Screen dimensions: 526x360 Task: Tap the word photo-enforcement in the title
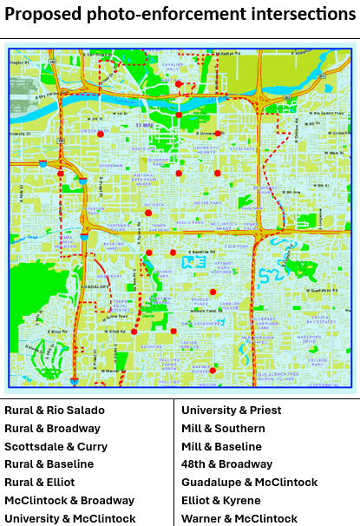coord(166,14)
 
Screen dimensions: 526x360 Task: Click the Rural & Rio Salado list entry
coord(55,411)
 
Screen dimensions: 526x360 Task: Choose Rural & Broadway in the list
coord(52,429)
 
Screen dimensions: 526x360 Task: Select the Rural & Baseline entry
coord(49,464)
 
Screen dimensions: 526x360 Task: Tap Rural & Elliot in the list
coord(40,483)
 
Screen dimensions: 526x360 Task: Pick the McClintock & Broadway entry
coord(69,501)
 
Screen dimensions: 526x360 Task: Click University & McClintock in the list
coord(70,519)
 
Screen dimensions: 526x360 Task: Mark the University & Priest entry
coord(232,411)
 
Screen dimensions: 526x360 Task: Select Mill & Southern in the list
coord(223,429)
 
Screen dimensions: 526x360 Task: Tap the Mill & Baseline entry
coord(221,446)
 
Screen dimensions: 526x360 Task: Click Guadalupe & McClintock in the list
coord(250,483)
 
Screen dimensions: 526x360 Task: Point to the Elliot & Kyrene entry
coord(221,501)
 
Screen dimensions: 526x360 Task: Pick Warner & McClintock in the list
coord(239,519)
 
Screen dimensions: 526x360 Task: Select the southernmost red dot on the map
coord(213,370)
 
